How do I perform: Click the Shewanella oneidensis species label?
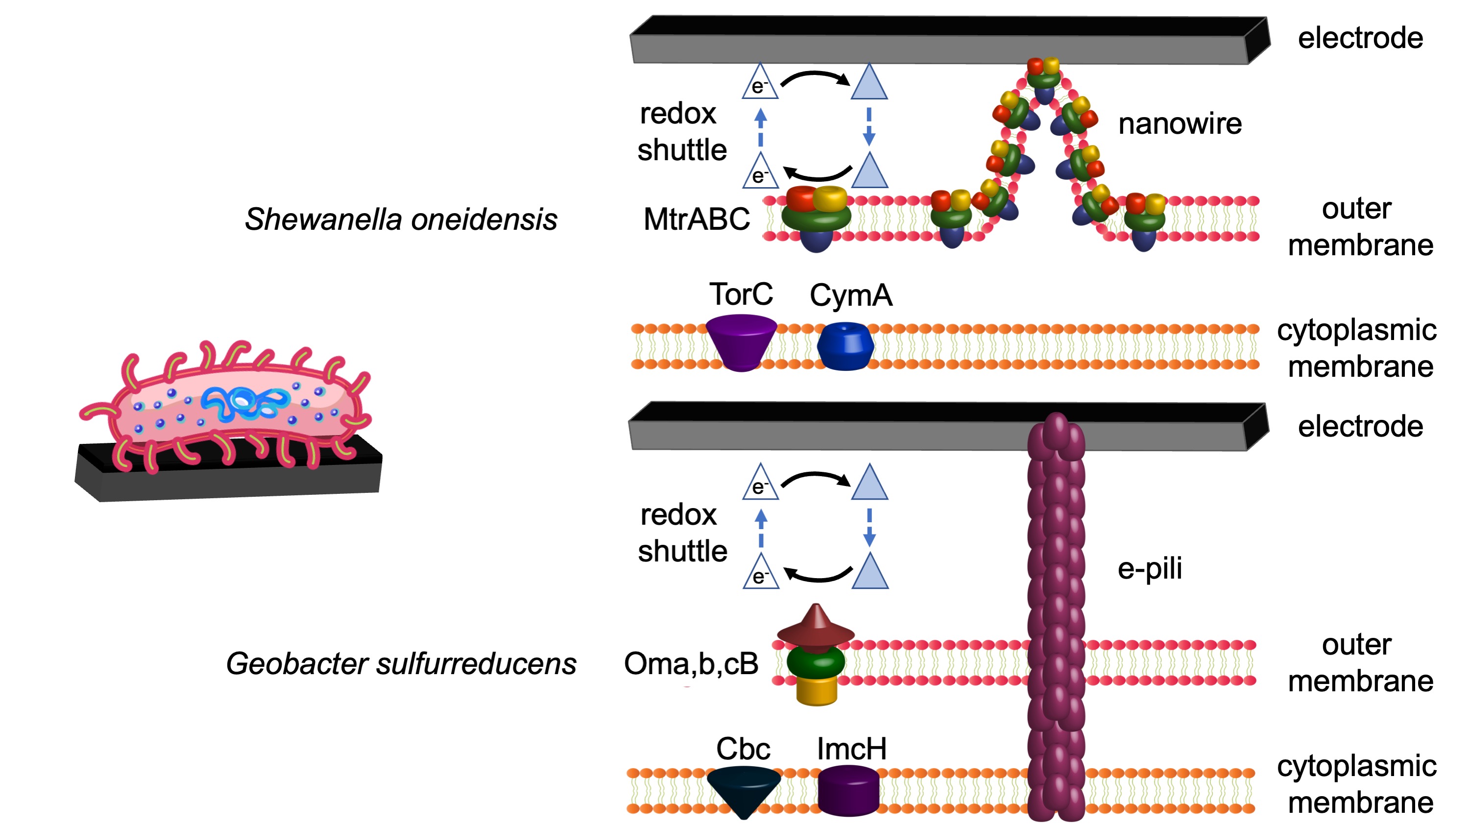pos(401,219)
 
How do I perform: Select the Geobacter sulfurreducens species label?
pos(401,664)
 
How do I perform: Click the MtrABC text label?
pos(696,219)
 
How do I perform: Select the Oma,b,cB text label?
pos(691,664)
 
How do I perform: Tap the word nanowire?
pos(1180,124)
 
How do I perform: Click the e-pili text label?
pos(1149,568)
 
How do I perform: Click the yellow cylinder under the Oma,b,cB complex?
pos(816,691)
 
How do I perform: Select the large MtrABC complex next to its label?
pos(816,217)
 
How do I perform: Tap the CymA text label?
pos(850,295)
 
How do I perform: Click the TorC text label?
pos(741,294)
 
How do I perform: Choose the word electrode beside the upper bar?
pos(1360,38)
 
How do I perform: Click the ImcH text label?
pos(851,749)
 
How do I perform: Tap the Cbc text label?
pos(743,749)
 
